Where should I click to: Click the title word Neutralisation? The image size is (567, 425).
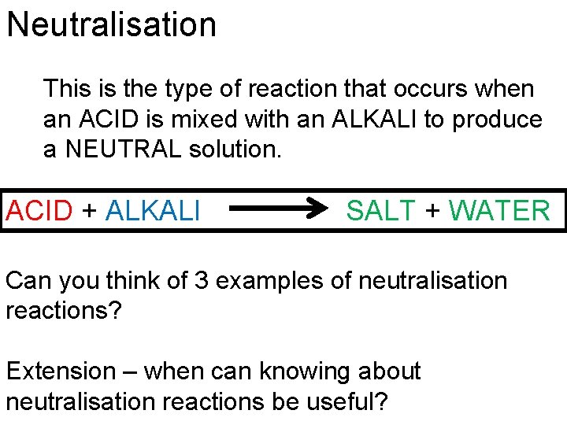[111, 25]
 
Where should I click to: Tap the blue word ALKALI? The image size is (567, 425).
[153, 211]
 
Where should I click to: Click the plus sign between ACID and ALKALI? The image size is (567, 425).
[91, 211]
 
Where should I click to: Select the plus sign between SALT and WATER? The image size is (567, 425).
[432, 211]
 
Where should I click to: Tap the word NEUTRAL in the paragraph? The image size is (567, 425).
[122, 150]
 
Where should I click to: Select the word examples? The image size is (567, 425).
[261, 281]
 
